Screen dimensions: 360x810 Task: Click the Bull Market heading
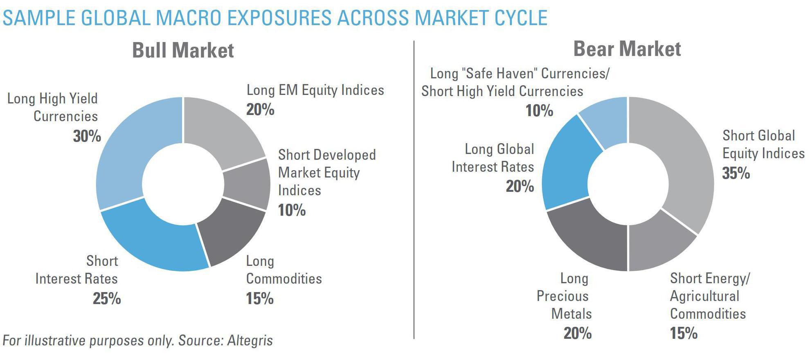[x=183, y=50]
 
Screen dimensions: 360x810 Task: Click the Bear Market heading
[x=627, y=49]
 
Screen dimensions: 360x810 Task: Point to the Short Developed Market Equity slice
[x=248, y=184]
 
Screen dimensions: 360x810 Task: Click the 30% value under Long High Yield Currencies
[x=87, y=136]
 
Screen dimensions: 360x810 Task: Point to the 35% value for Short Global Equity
[x=736, y=173]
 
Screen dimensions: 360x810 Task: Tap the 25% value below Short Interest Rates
[x=107, y=299]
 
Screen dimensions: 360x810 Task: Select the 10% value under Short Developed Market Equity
[x=292, y=210]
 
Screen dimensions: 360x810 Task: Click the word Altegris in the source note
[x=250, y=340]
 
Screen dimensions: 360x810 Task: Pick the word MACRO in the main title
[x=188, y=18]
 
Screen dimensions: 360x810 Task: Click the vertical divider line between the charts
[x=414, y=188]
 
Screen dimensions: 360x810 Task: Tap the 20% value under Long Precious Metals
[x=577, y=333]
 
